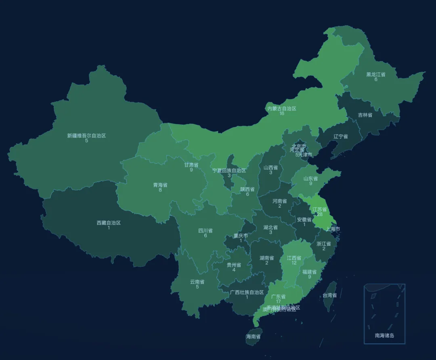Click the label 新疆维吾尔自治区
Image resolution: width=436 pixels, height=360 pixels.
(86, 136)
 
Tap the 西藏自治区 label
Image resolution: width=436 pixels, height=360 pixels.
(109, 223)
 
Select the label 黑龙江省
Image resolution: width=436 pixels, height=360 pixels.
(375, 74)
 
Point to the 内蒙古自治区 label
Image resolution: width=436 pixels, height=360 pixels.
(282, 109)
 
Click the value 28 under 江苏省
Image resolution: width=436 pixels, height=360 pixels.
(319, 214)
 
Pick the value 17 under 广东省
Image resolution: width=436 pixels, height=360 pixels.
(278, 301)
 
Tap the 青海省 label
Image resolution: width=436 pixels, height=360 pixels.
(160, 185)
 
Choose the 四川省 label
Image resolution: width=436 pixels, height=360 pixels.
(205, 230)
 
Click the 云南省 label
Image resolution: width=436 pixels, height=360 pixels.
(197, 282)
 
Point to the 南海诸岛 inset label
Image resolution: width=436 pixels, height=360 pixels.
(384, 335)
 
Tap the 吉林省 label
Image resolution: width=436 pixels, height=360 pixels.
(365, 115)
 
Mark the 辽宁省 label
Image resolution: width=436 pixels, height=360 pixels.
(341, 136)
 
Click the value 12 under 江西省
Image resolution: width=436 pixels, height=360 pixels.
(294, 263)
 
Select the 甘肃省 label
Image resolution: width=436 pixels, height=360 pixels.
(191, 165)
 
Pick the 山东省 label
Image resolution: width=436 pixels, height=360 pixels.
(310, 178)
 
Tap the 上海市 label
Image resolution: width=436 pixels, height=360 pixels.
(333, 229)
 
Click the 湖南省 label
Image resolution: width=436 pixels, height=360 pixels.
(266, 258)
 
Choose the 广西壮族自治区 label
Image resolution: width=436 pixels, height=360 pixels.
(247, 292)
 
